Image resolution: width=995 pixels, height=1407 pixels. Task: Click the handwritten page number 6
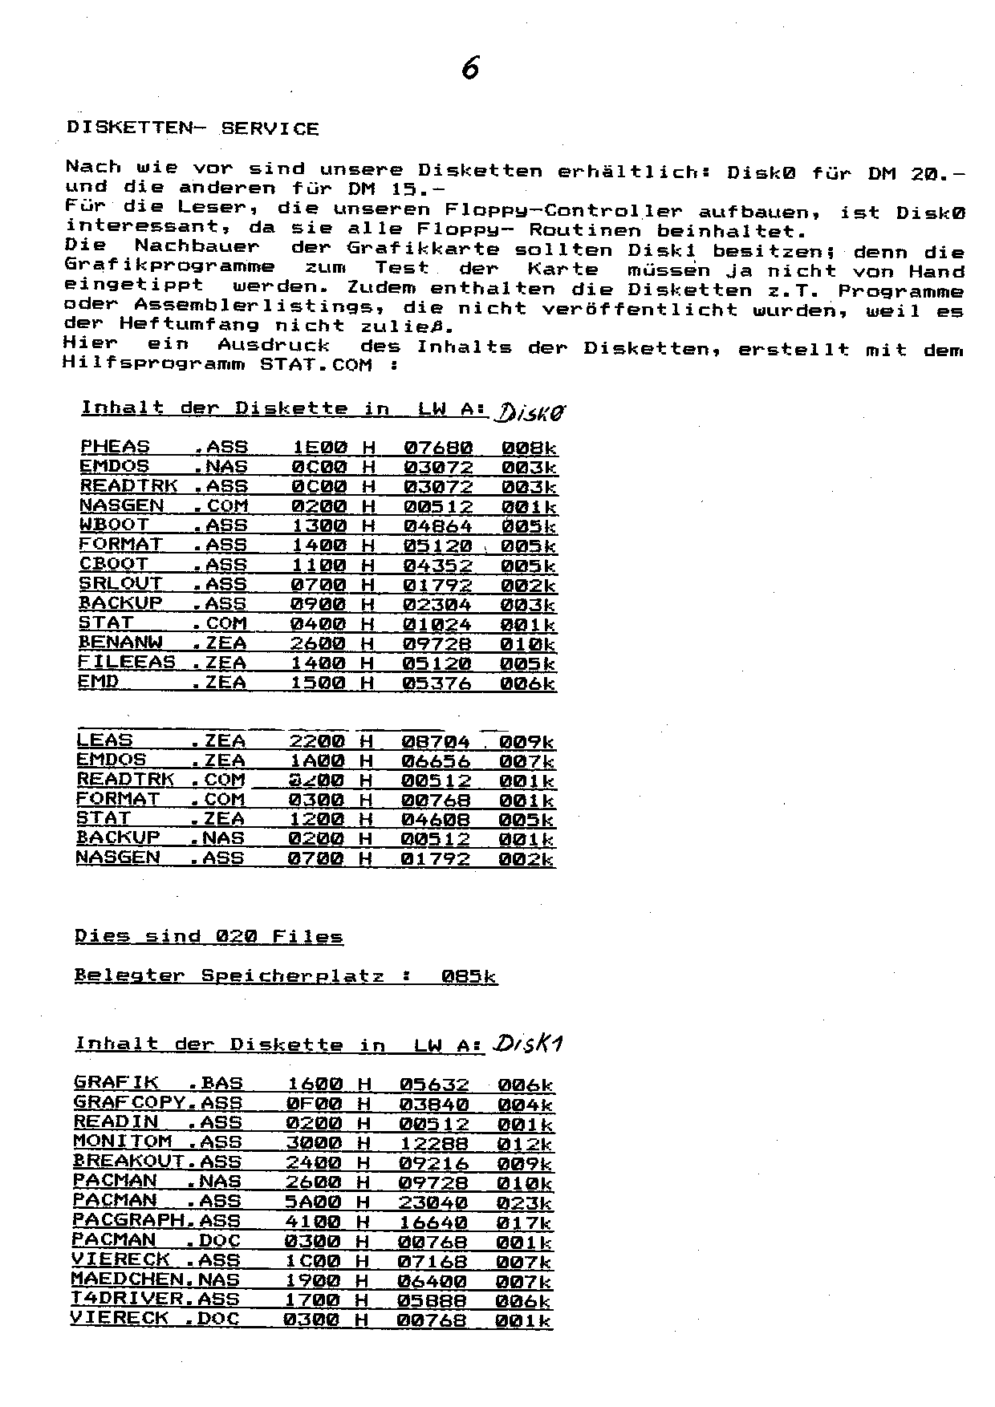[x=471, y=68]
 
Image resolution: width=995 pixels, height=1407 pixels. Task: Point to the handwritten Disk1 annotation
[x=529, y=1044]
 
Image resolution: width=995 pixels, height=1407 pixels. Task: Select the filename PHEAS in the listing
[x=115, y=447]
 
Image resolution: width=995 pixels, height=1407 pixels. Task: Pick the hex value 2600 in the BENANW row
[x=319, y=643]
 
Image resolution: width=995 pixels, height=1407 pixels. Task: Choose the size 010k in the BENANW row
[x=527, y=644]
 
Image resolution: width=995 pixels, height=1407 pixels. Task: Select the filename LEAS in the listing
[x=104, y=740]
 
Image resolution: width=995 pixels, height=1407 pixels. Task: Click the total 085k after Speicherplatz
[x=469, y=976]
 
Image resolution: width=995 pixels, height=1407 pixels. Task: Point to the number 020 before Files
[x=236, y=936]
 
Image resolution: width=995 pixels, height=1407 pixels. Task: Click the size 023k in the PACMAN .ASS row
[x=524, y=1202]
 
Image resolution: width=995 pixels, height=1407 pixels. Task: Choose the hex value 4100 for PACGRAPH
[x=314, y=1222]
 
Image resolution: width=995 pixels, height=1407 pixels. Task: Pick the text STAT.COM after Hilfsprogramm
[x=316, y=364]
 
